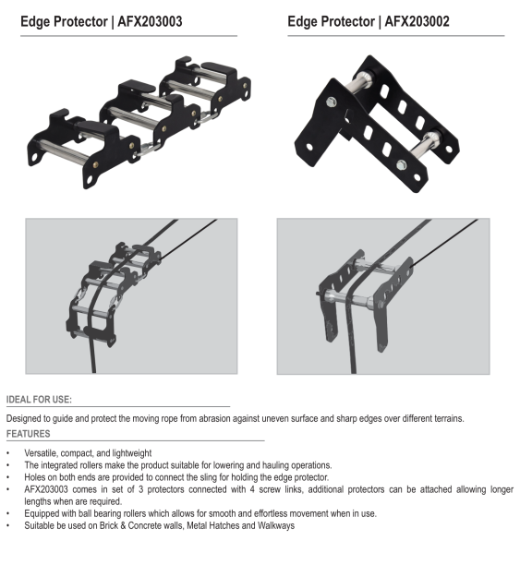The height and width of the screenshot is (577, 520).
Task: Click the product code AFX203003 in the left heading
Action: click(150, 21)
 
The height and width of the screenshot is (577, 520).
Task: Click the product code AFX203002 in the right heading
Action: click(417, 21)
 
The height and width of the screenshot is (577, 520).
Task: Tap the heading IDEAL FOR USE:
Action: click(39, 400)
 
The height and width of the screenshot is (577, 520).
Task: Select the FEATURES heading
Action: click(28, 434)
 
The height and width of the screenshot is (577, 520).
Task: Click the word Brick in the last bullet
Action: click(108, 525)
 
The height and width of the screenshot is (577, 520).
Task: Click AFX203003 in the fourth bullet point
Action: click(46, 489)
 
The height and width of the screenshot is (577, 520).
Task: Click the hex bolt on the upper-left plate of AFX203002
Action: click(332, 102)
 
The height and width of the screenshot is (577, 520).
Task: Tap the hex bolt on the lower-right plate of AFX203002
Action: click(402, 164)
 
